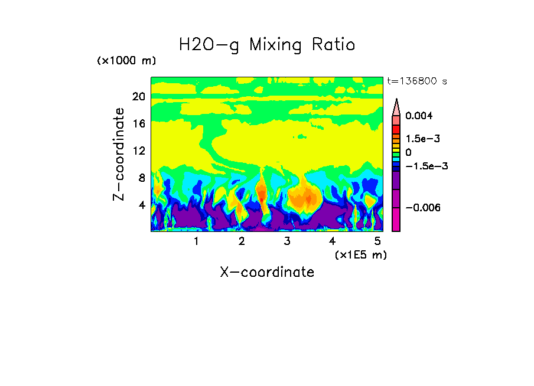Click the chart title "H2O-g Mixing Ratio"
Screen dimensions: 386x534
[x=267, y=45]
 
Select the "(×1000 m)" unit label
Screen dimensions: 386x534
[x=126, y=61]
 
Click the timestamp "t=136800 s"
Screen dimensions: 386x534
[x=416, y=81]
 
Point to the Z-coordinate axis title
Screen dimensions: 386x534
[x=119, y=154]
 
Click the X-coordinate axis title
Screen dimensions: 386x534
[x=267, y=272]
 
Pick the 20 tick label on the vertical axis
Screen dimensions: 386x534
[x=138, y=97]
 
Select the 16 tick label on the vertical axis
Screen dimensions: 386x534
[x=138, y=124]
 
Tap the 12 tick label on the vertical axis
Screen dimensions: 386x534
[x=138, y=151]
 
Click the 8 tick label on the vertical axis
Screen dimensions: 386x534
[x=141, y=178]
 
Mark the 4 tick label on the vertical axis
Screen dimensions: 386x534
[x=141, y=205]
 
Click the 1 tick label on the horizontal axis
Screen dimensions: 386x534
[x=196, y=241]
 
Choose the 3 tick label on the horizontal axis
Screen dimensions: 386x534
[x=287, y=241]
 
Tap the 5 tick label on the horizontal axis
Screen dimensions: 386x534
[x=377, y=241]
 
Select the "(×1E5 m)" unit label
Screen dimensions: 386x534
[x=360, y=255]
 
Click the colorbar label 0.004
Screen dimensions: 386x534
[x=419, y=116]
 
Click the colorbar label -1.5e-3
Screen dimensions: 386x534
[x=426, y=166]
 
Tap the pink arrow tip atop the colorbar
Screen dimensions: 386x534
[x=396, y=106]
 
